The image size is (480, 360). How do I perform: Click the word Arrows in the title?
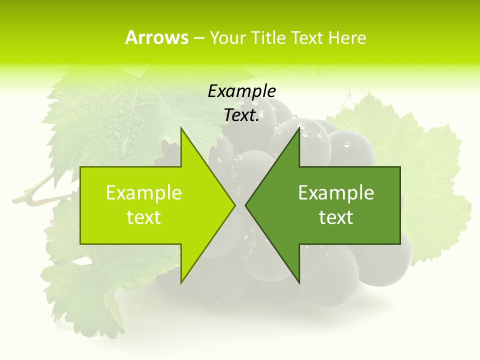(156, 37)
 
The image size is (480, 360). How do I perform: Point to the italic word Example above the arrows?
(242, 91)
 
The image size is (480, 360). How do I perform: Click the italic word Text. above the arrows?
(242, 115)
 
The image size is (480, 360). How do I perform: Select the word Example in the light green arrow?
(144, 192)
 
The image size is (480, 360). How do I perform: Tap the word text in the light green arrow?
(144, 217)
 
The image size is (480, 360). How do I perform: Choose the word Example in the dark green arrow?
(336, 192)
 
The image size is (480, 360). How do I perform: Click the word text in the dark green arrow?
(336, 217)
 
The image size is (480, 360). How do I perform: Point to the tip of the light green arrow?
(235, 205)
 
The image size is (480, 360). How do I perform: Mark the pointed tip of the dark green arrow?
(245, 205)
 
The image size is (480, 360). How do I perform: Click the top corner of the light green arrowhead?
(181, 128)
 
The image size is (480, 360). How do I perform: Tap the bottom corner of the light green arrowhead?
(181, 283)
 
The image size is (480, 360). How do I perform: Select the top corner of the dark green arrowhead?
(299, 128)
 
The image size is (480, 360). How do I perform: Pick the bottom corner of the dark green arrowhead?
(299, 283)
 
